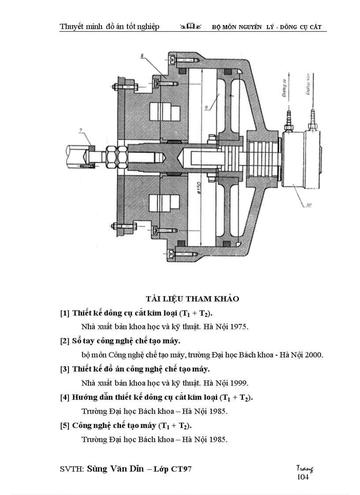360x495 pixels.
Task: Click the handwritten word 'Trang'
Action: point(304,469)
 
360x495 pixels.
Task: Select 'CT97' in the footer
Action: point(181,469)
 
